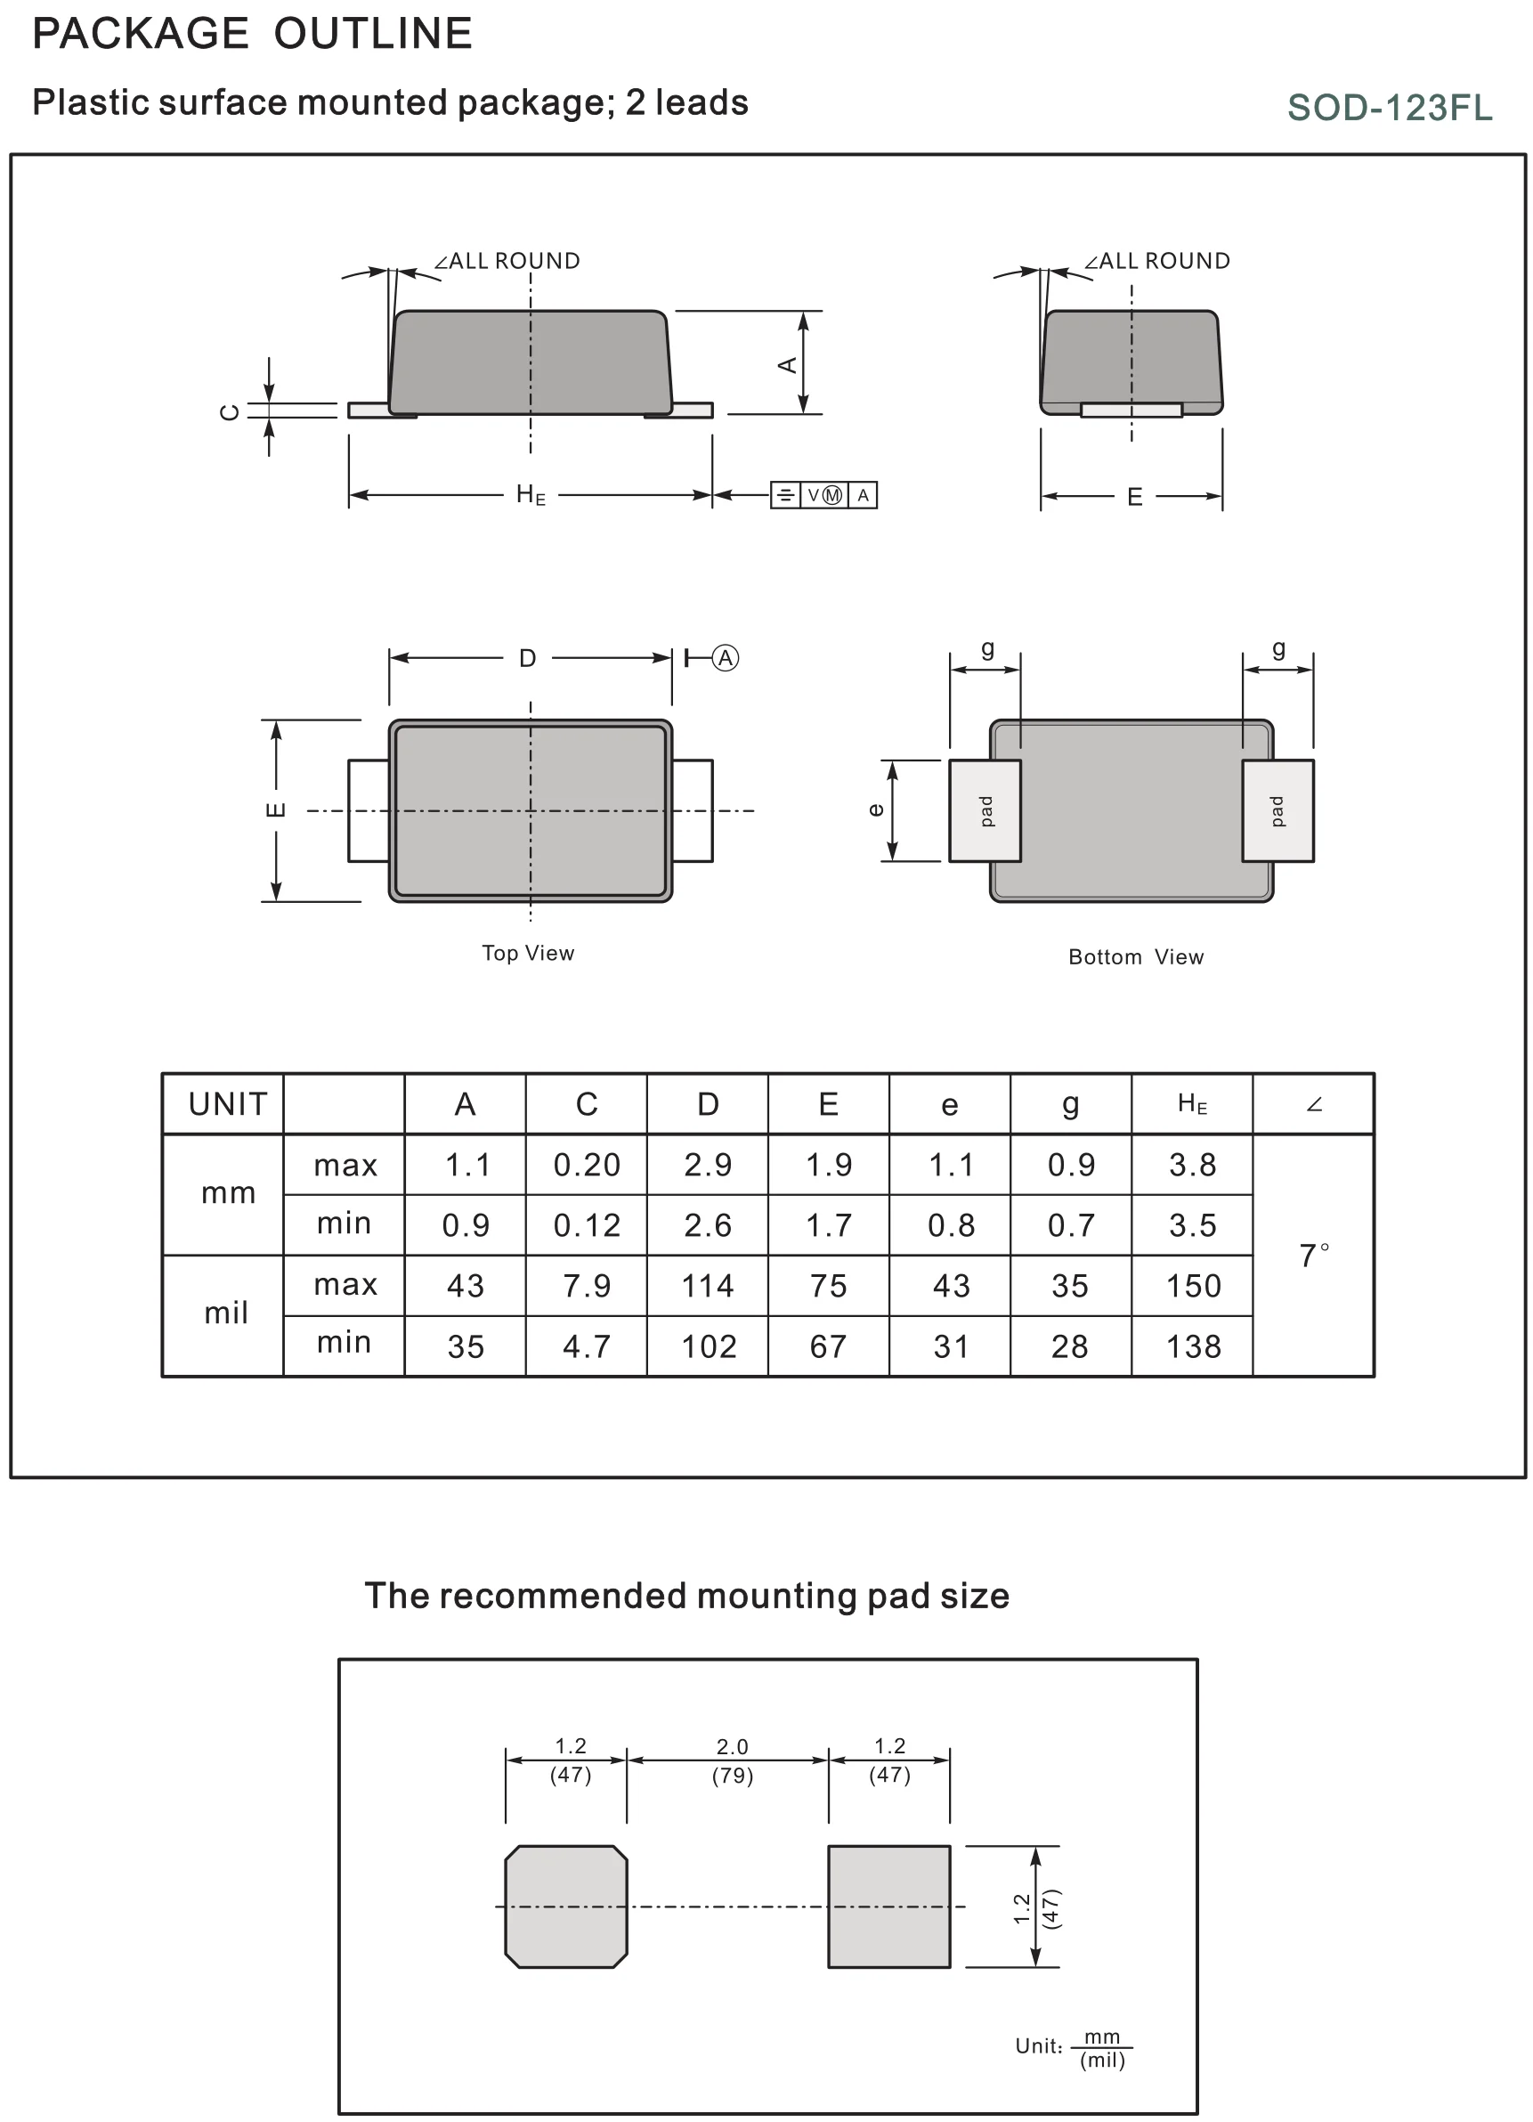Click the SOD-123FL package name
pyautogui.click(x=1389, y=108)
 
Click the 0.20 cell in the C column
pyautogui.click(x=587, y=1165)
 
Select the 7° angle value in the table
pyautogui.click(x=1313, y=1255)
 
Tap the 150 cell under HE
pyautogui.click(x=1193, y=1286)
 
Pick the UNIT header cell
pyautogui.click(x=227, y=1104)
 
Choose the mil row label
pyautogui.click(x=226, y=1313)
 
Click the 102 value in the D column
pyautogui.click(x=708, y=1346)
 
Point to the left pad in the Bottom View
pyautogui.click(x=985, y=810)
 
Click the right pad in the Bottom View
pyautogui.click(x=1277, y=810)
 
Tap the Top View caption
pyautogui.click(x=528, y=953)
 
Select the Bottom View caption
pyautogui.click(x=1135, y=956)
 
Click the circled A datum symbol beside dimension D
pyautogui.click(x=726, y=658)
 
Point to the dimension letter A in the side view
pyautogui.click(x=788, y=364)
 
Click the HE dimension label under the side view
pyautogui.click(x=531, y=495)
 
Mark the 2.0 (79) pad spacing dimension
pyautogui.click(x=732, y=1760)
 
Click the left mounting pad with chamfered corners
pyautogui.click(x=566, y=1906)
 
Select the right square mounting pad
pyautogui.click(x=888, y=1906)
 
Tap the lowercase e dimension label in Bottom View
pyautogui.click(x=875, y=810)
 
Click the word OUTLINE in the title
pyautogui.click(x=373, y=34)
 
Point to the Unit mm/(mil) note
pyautogui.click(x=1074, y=2046)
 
